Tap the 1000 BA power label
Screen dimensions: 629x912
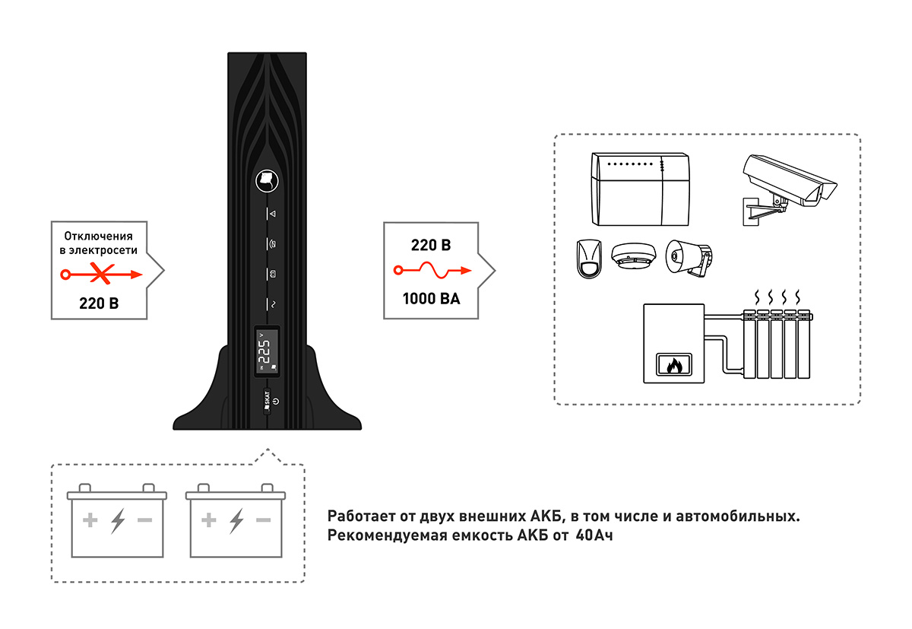click(x=431, y=298)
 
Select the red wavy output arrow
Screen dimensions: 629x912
click(x=432, y=271)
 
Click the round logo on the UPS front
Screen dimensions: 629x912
click(x=267, y=179)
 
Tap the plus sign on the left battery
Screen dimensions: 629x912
click(x=90, y=521)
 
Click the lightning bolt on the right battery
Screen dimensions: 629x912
click(x=236, y=521)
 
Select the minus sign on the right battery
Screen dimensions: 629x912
click(x=264, y=521)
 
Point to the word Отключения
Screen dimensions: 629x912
click(x=103, y=237)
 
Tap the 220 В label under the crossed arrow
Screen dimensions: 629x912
click(x=99, y=303)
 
